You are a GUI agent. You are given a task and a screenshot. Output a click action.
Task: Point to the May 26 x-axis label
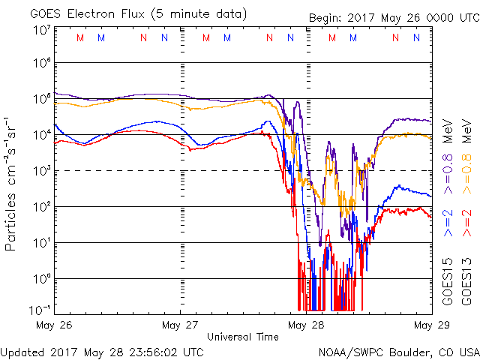(54, 325)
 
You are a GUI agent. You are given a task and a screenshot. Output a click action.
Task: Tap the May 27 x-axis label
(181, 325)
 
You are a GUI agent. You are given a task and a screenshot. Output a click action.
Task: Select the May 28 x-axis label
(307, 325)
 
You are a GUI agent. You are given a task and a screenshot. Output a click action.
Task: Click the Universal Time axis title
(243, 337)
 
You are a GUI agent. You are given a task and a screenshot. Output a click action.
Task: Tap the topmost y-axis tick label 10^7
(41, 29)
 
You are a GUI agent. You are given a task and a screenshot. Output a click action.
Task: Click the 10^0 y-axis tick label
(41, 279)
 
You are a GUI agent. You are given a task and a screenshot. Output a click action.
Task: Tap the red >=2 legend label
(466, 223)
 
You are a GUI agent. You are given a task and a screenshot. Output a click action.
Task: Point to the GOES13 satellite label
(466, 284)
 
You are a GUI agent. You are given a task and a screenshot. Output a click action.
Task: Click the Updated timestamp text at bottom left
(102, 351)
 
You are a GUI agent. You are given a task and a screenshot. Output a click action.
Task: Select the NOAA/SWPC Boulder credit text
(397, 351)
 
